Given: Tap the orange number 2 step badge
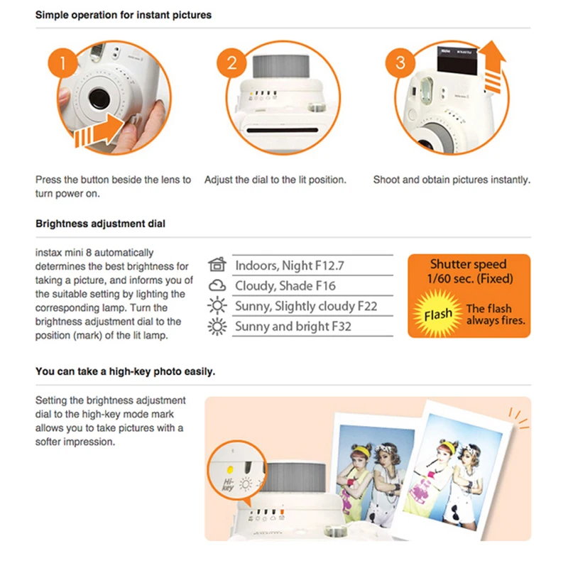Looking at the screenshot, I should pyautogui.click(x=232, y=62).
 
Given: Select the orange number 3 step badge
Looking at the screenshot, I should pyautogui.click(x=400, y=62).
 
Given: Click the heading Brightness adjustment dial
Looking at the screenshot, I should pyautogui.click(x=100, y=224).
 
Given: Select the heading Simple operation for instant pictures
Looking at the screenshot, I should pyautogui.click(x=123, y=14).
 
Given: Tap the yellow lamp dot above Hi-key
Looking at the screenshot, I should pyautogui.click(x=229, y=469).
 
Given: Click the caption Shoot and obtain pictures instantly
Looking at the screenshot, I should pyautogui.click(x=452, y=180).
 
